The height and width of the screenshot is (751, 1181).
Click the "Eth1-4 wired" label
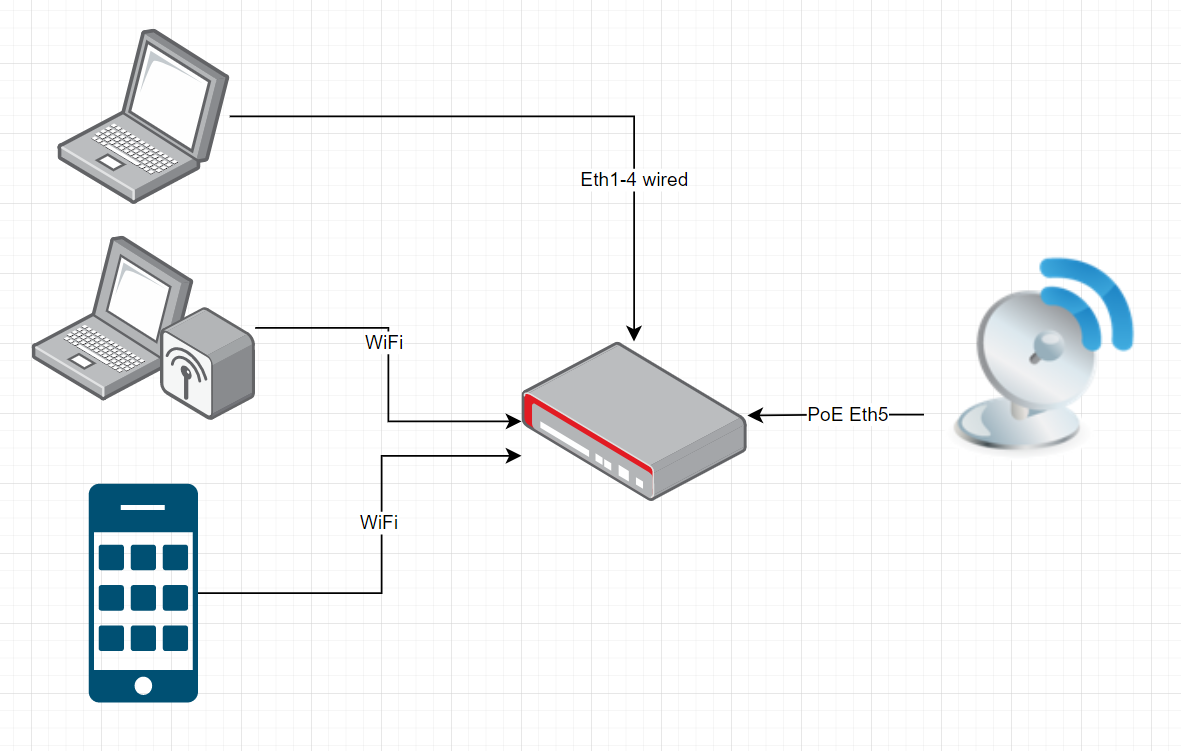tap(634, 179)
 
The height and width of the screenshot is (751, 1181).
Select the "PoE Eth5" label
tap(848, 414)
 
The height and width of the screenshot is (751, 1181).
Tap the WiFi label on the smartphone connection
tap(379, 522)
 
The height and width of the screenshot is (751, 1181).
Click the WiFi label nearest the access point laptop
tap(384, 342)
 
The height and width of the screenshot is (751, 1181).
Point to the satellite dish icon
tap(1043, 354)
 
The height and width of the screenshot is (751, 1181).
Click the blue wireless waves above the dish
tap(1092, 301)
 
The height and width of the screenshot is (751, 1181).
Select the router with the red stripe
tap(634, 421)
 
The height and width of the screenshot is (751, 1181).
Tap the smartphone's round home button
tap(143, 685)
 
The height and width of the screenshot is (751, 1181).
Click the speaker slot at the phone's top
tap(142, 508)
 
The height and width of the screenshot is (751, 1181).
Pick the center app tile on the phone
tap(143, 598)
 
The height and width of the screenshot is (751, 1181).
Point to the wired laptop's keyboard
tap(136, 148)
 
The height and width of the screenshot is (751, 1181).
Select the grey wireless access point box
tap(208, 362)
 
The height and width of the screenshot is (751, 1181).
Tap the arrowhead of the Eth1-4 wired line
tap(634, 334)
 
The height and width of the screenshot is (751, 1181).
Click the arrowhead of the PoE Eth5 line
tap(755, 415)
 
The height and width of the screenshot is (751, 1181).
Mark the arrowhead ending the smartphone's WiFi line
tap(514, 456)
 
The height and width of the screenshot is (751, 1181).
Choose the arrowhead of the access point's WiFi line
tap(514, 421)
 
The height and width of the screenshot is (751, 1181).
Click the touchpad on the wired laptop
tap(110, 163)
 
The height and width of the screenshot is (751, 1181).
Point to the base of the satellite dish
tap(1018, 428)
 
